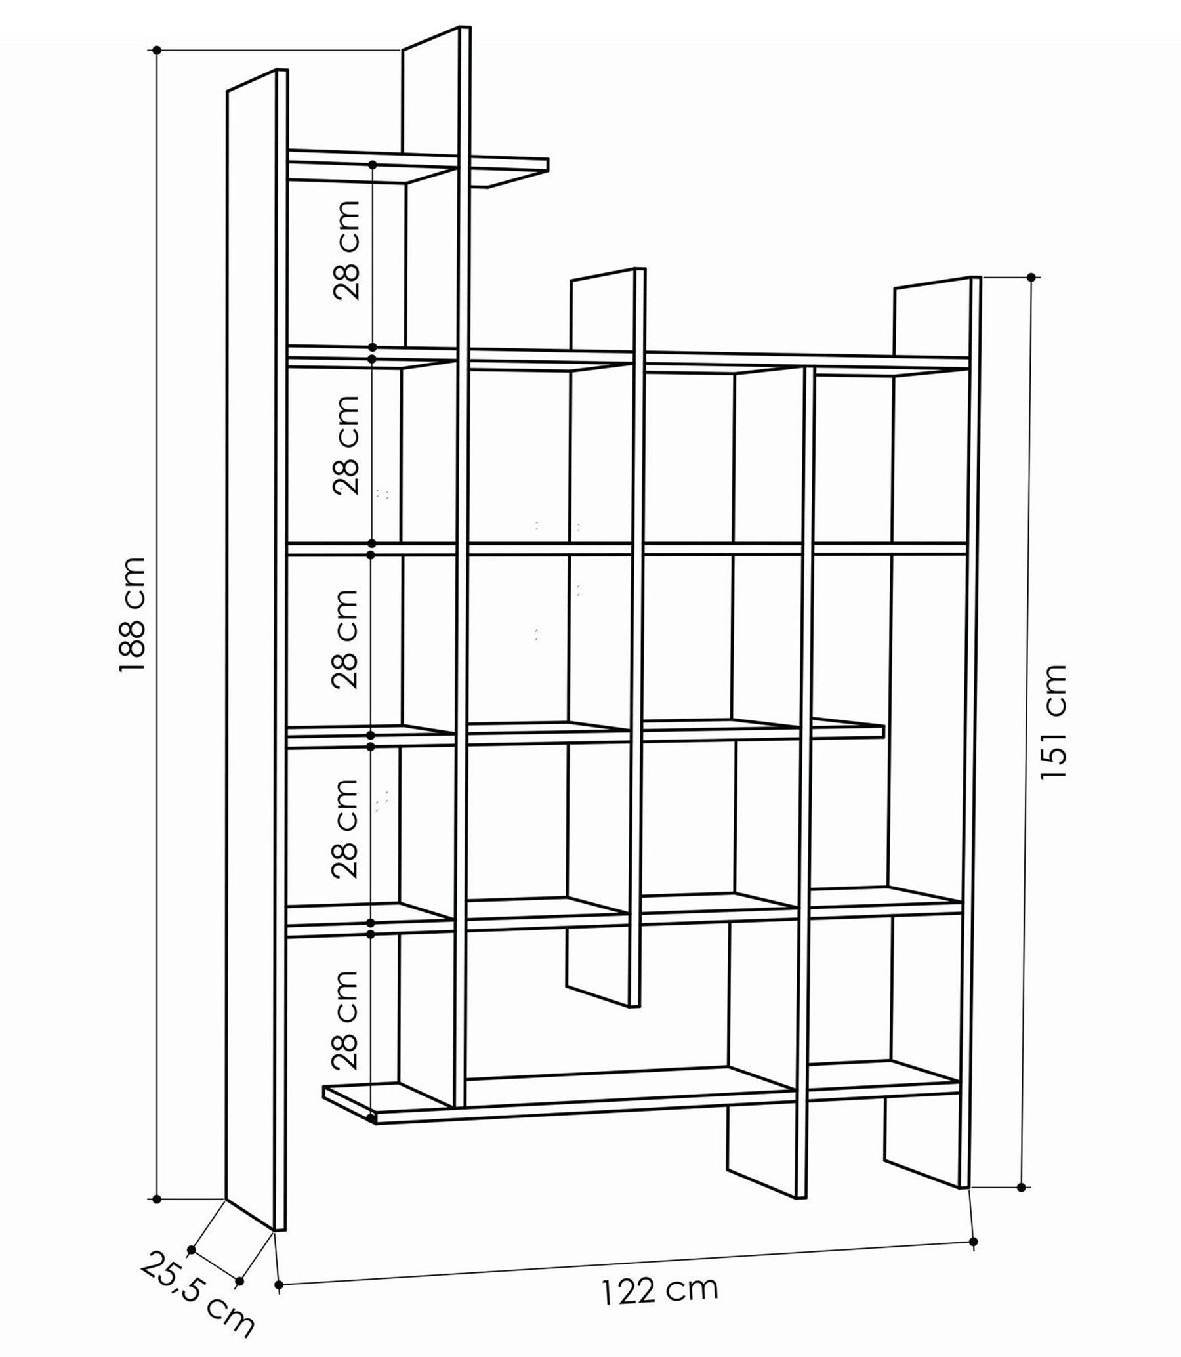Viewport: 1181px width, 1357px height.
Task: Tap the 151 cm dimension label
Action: pyautogui.click(x=1052, y=722)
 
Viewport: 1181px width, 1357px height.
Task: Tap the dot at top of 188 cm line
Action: pyautogui.click(x=157, y=50)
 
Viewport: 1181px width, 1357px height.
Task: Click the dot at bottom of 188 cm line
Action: pyautogui.click(x=157, y=1199)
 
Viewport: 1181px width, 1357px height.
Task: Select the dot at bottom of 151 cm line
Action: pyautogui.click(x=1021, y=1187)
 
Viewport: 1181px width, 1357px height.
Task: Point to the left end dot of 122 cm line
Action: pyautogui.click(x=280, y=1285)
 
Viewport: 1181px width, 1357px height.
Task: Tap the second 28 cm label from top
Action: pyautogui.click(x=346, y=445)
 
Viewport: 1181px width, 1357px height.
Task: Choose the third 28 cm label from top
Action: pyautogui.click(x=344, y=638)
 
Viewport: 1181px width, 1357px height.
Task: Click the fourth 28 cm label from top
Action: pyautogui.click(x=344, y=827)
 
